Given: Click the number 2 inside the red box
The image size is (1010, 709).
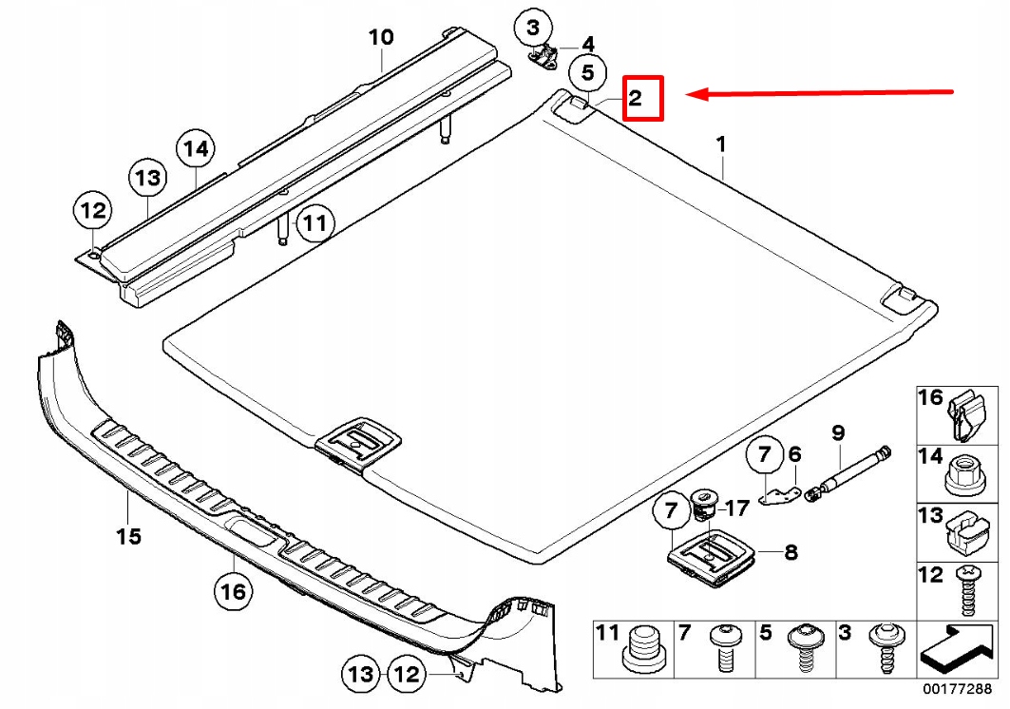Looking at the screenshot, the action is pyautogui.click(x=636, y=97).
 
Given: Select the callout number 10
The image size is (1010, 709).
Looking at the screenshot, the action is pyautogui.click(x=380, y=37).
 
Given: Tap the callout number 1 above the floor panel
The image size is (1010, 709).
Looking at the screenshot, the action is pyautogui.click(x=721, y=144).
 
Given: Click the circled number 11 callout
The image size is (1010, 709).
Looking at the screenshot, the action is pyautogui.click(x=314, y=224).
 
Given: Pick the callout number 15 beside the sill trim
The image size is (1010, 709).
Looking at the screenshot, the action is pyautogui.click(x=128, y=537).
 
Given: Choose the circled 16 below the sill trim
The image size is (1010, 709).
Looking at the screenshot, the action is pyautogui.click(x=233, y=593).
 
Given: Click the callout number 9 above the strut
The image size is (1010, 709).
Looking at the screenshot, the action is pyautogui.click(x=837, y=432).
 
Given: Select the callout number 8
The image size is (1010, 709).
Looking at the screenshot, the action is pyautogui.click(x=791, y=550).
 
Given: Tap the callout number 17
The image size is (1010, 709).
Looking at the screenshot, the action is pyautogui.click(x=737, y=508).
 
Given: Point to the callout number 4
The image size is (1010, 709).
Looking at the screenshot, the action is pyautogui.click(x=588, y=44).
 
